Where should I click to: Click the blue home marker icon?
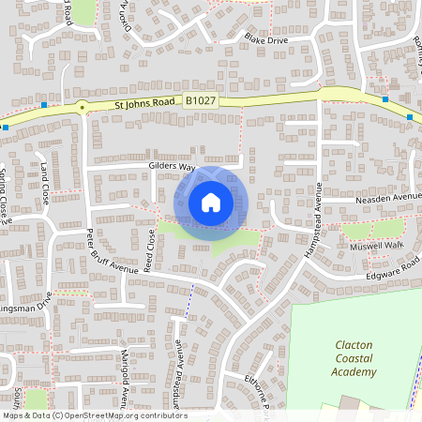[211, 202]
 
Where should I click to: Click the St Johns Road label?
[145, 107]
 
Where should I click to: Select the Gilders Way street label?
[172, 166]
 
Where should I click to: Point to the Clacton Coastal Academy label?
[353, 358]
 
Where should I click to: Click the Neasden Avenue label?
[388, 199]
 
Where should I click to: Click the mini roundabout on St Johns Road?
[83, 106]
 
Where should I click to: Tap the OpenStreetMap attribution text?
[94, 415]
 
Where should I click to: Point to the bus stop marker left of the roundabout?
[44, 106]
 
